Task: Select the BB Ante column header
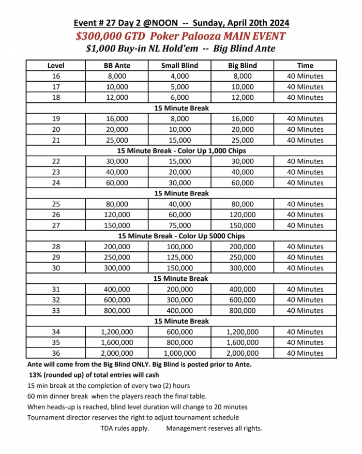point(116,66)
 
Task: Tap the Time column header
point(305,66)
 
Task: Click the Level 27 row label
point(56,225)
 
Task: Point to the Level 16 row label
point(56,76)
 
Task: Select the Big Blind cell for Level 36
point(242,353)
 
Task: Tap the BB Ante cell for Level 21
point(116,140)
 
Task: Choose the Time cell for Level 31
point(305,289)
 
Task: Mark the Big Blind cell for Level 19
point(242,118)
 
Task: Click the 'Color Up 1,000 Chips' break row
point(181,150)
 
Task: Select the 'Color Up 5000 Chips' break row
point(181,236)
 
